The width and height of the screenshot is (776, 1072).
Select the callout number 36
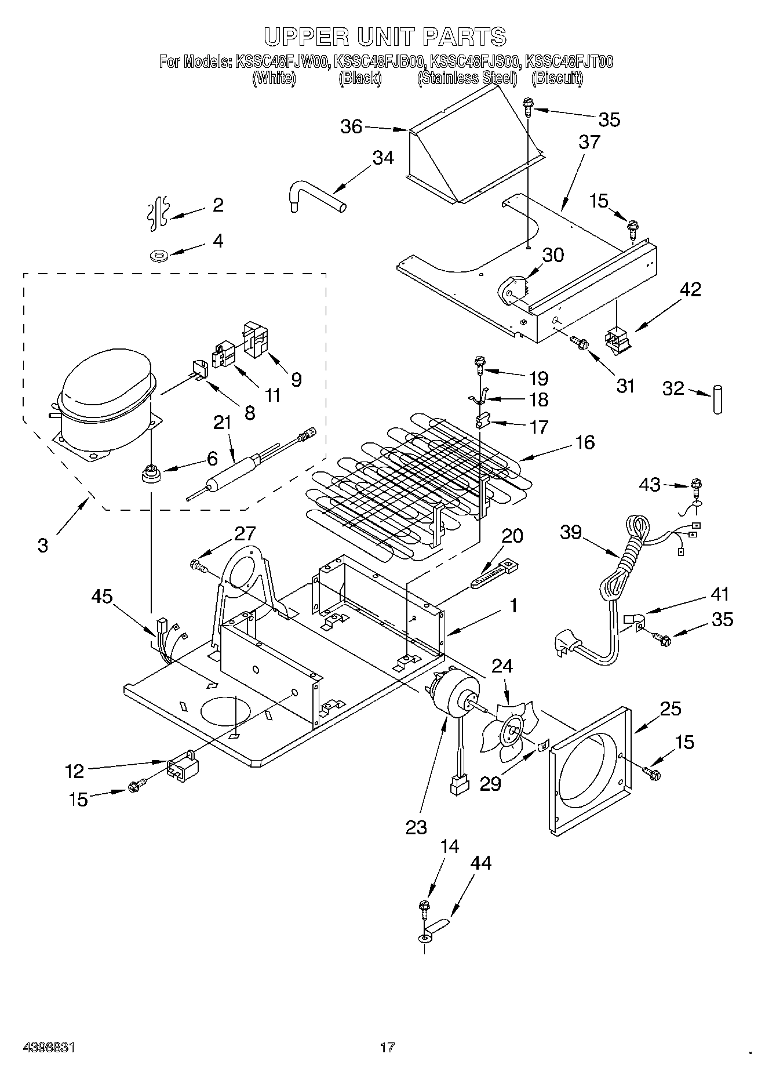(352, 126)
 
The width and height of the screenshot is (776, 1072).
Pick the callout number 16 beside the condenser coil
(585, 442)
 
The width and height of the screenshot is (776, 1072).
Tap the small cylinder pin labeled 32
(718, 398)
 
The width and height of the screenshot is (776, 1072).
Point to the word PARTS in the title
(464, 37)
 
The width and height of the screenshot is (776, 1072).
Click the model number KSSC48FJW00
(282, 61)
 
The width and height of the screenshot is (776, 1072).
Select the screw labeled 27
(201, 564)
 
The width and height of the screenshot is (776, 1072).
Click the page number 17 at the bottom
(387, 1047)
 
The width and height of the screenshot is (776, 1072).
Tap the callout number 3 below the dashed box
(43, 546)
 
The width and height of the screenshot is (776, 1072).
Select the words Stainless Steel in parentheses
(467, 78)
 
